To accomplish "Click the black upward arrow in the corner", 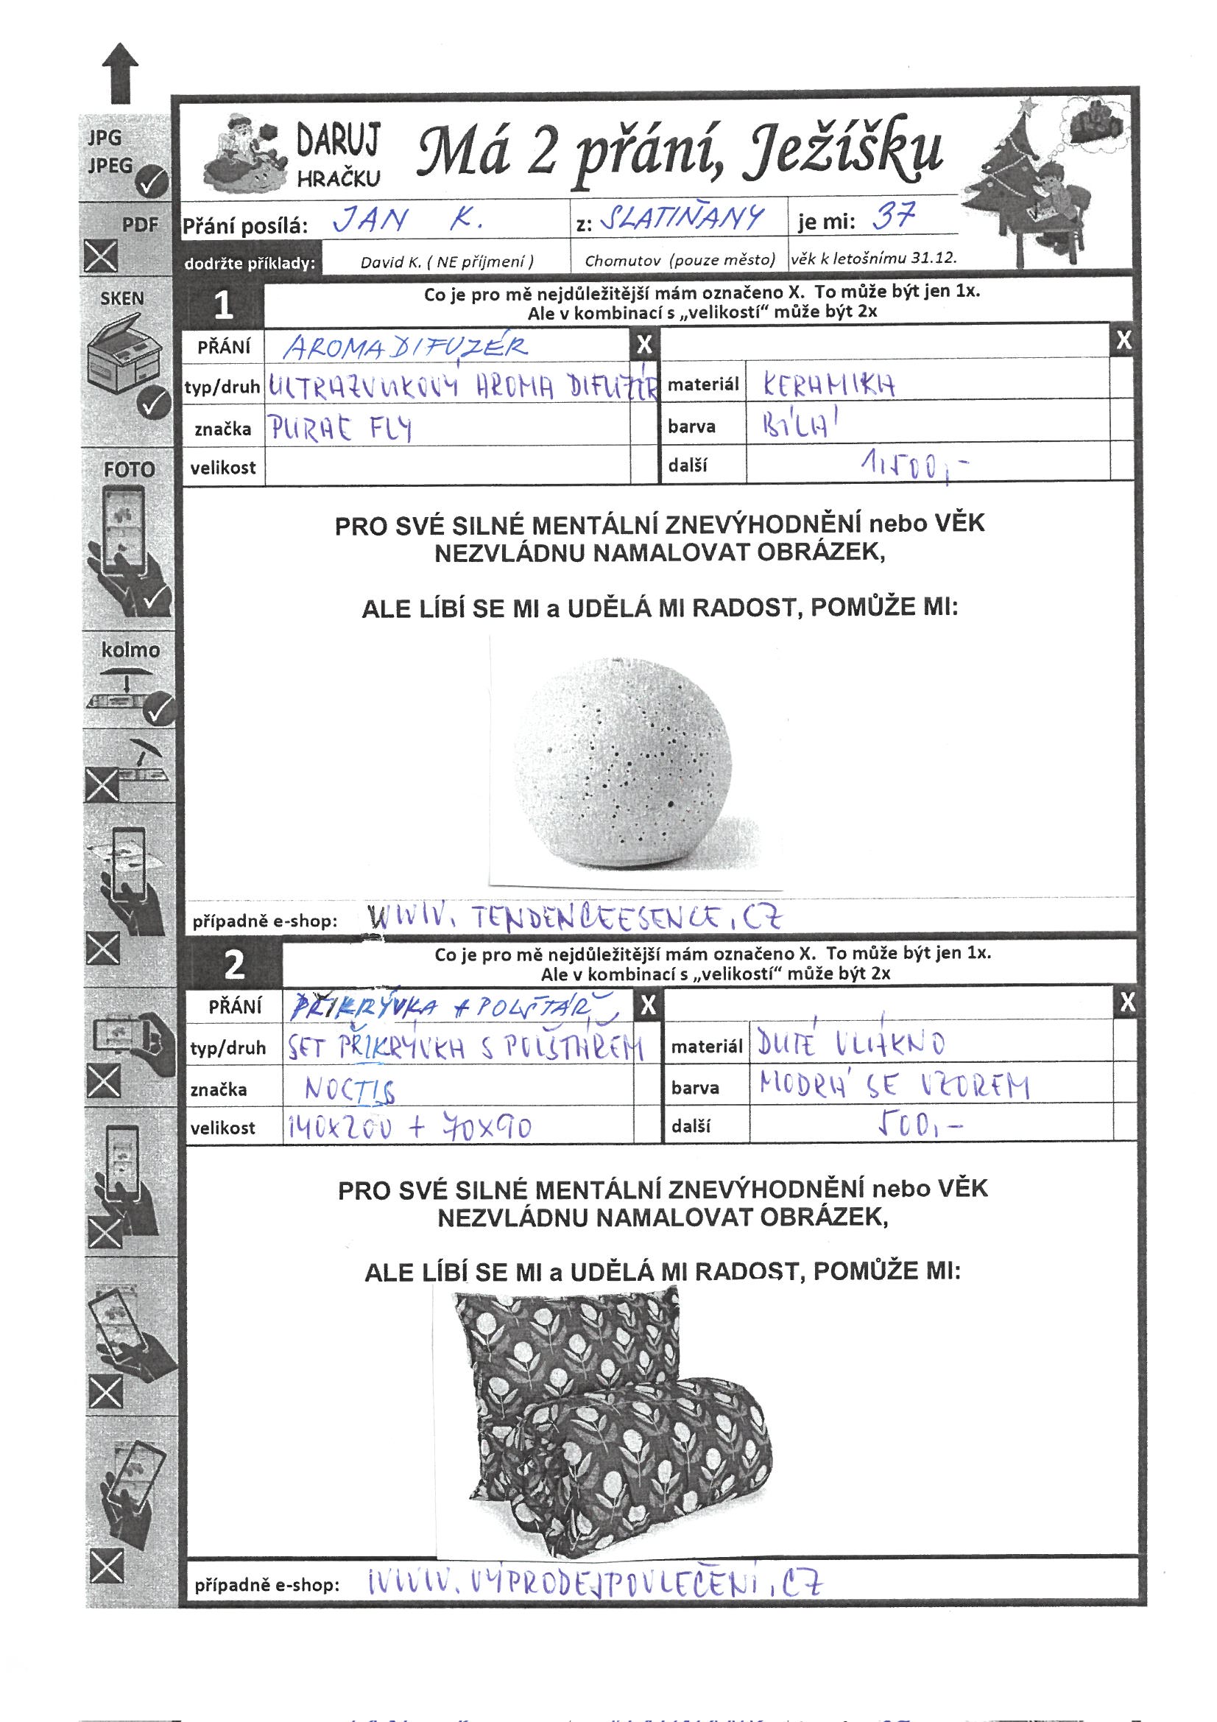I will click(120, 72).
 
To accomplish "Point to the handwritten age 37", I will click(895, 217).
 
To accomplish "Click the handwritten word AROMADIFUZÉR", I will click(406, 347).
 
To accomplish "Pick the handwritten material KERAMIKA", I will click(828, 385).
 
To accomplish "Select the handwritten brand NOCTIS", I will click(350, 1090).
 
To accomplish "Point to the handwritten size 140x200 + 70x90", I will click(409, 1127).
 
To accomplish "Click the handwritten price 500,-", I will click(919, 1125).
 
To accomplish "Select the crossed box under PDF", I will click(100, 256).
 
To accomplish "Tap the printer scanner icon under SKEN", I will click(124, 353).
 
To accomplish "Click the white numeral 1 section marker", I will click(224, 304).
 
